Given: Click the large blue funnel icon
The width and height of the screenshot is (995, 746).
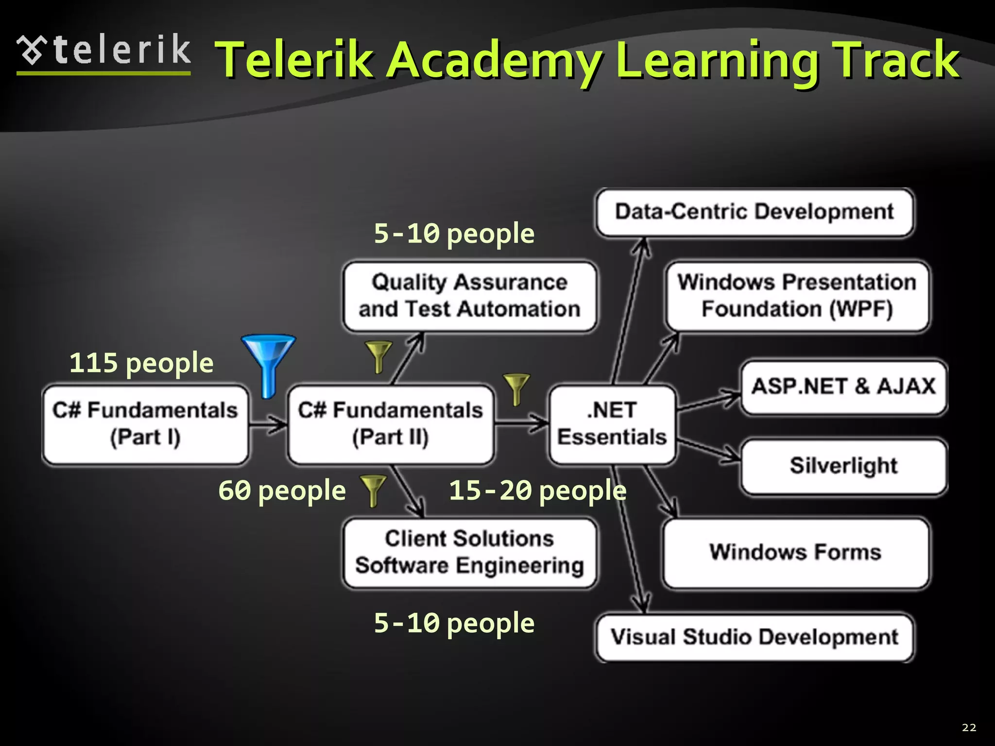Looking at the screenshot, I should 268,362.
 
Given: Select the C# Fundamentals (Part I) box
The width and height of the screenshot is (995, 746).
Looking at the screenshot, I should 145,424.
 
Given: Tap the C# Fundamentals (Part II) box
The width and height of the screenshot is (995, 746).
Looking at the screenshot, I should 391,424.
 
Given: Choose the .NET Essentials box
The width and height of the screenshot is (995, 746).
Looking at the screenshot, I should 612,424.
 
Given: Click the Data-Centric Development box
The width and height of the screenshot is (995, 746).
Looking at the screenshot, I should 755,212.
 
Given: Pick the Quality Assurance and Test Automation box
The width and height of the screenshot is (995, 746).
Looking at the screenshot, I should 469,296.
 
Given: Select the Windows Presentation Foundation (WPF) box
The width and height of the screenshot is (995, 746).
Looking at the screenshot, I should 797,296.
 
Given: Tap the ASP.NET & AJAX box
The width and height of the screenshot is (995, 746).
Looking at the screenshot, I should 843,387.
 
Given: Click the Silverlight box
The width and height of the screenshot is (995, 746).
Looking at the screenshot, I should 843,466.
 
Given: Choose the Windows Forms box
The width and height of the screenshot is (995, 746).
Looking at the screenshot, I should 795,553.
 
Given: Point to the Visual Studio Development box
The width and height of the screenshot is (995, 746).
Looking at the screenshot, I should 755,637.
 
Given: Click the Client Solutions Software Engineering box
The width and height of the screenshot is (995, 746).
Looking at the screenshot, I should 469,553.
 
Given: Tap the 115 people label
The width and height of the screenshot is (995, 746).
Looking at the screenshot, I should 141,363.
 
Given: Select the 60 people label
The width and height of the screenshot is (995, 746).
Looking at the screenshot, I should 282,491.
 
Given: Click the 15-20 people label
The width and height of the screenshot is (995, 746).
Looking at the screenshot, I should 537,491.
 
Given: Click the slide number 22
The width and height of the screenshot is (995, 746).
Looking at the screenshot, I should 969,727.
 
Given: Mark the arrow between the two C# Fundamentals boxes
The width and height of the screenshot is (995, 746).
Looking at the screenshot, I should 268,424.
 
